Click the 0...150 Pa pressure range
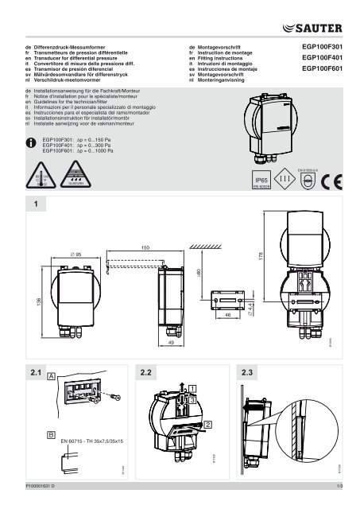coord(96,138)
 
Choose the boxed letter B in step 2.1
coord(52,436)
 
